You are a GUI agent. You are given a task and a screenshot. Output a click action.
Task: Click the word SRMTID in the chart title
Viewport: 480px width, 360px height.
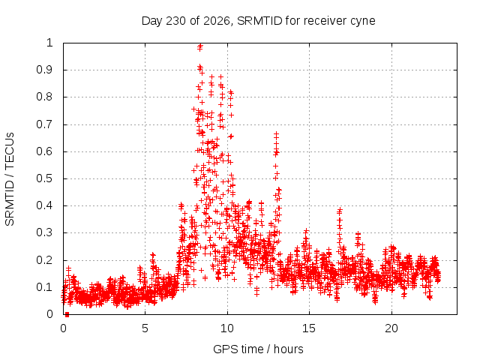click(x=259, y=21)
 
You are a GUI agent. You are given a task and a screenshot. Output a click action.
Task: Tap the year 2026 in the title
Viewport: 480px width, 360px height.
click(x=217, y=21)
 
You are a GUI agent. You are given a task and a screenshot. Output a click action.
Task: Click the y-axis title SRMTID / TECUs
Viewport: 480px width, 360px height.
click(x=10, y=179)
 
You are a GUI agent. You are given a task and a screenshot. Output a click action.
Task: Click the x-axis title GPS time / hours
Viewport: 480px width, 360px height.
click(x=258, y=349)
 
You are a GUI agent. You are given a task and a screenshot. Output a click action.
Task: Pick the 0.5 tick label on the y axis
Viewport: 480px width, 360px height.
click(x=45, y=178)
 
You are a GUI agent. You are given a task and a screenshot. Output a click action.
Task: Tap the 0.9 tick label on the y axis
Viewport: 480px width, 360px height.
click(x=45, y=70)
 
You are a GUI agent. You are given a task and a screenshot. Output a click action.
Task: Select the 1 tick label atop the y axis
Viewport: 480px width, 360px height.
click(x=50, y=43)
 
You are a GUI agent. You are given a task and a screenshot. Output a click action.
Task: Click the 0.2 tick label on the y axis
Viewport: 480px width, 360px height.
click(x=45, y=260)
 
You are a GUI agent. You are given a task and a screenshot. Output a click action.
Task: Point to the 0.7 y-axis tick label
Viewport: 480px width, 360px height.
click(x=45, y=124)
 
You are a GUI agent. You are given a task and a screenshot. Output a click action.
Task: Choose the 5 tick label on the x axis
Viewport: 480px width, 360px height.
click(x=145, y=328)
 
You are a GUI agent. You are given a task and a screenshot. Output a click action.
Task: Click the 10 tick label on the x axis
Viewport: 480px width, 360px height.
click(x=227, y=328)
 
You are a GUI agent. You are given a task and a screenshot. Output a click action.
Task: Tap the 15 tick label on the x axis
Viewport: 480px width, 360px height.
click(x=309, y=328)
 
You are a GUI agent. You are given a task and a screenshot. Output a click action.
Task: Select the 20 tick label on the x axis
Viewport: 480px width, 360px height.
click(x=391, y=328)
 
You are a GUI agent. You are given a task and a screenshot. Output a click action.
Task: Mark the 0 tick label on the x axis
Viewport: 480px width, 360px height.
click(x=63, y=328)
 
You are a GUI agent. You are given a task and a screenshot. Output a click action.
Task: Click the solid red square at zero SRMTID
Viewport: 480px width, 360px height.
click(x=67, y=314)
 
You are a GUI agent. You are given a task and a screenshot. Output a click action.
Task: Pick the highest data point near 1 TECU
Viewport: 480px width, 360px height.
click(x=200, y=46)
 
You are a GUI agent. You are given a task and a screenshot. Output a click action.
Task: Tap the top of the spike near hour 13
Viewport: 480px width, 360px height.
click(x=277, y=134)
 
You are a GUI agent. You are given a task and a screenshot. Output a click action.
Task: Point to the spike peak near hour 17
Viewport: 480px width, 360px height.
click(x=339, y=210)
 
